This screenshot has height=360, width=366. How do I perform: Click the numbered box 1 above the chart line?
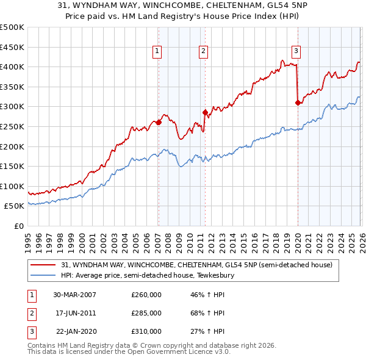pyautogui.click(x=157, y=51)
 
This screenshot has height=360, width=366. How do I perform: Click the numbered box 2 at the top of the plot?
pyautogui.click(x=203, y=51)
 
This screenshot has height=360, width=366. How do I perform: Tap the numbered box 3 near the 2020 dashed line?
pyautogui.click(x=296, y=51)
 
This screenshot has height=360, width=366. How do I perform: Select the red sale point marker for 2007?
pyautogui.click(x=159, y=122)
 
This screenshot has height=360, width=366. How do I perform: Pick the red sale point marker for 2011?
pyautogui.click(x=205, y=112)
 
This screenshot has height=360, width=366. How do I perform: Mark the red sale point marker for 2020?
pyautogui.click(x=298, y=103)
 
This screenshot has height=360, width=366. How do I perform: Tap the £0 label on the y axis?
pyautogui.click(x=18, y=226)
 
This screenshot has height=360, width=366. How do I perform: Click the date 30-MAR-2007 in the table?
pyautogui.click(x=74, y=295)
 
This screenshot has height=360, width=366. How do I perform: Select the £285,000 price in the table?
pyautogui.click(x=146, y=313)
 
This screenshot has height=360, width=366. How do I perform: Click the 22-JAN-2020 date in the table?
pyautogui.click(x=76, y=331)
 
